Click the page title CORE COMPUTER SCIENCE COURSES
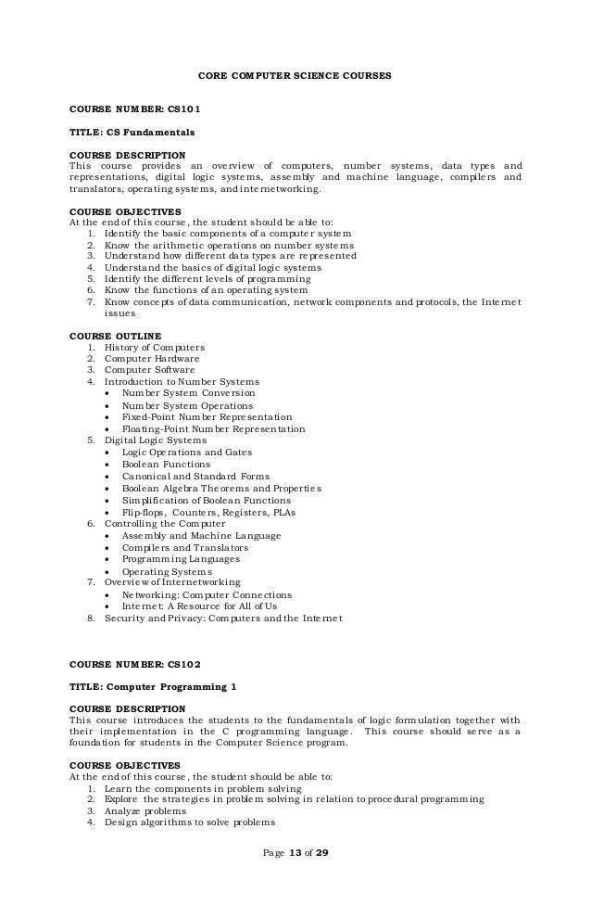(295, 74)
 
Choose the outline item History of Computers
(155, 347)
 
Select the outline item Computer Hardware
(151, 358)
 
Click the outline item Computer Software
(150, 370)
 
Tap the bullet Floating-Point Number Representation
(213, 429)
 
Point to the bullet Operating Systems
(166, 571)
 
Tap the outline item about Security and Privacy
(223, 618)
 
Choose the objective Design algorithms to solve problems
(191, 822)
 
